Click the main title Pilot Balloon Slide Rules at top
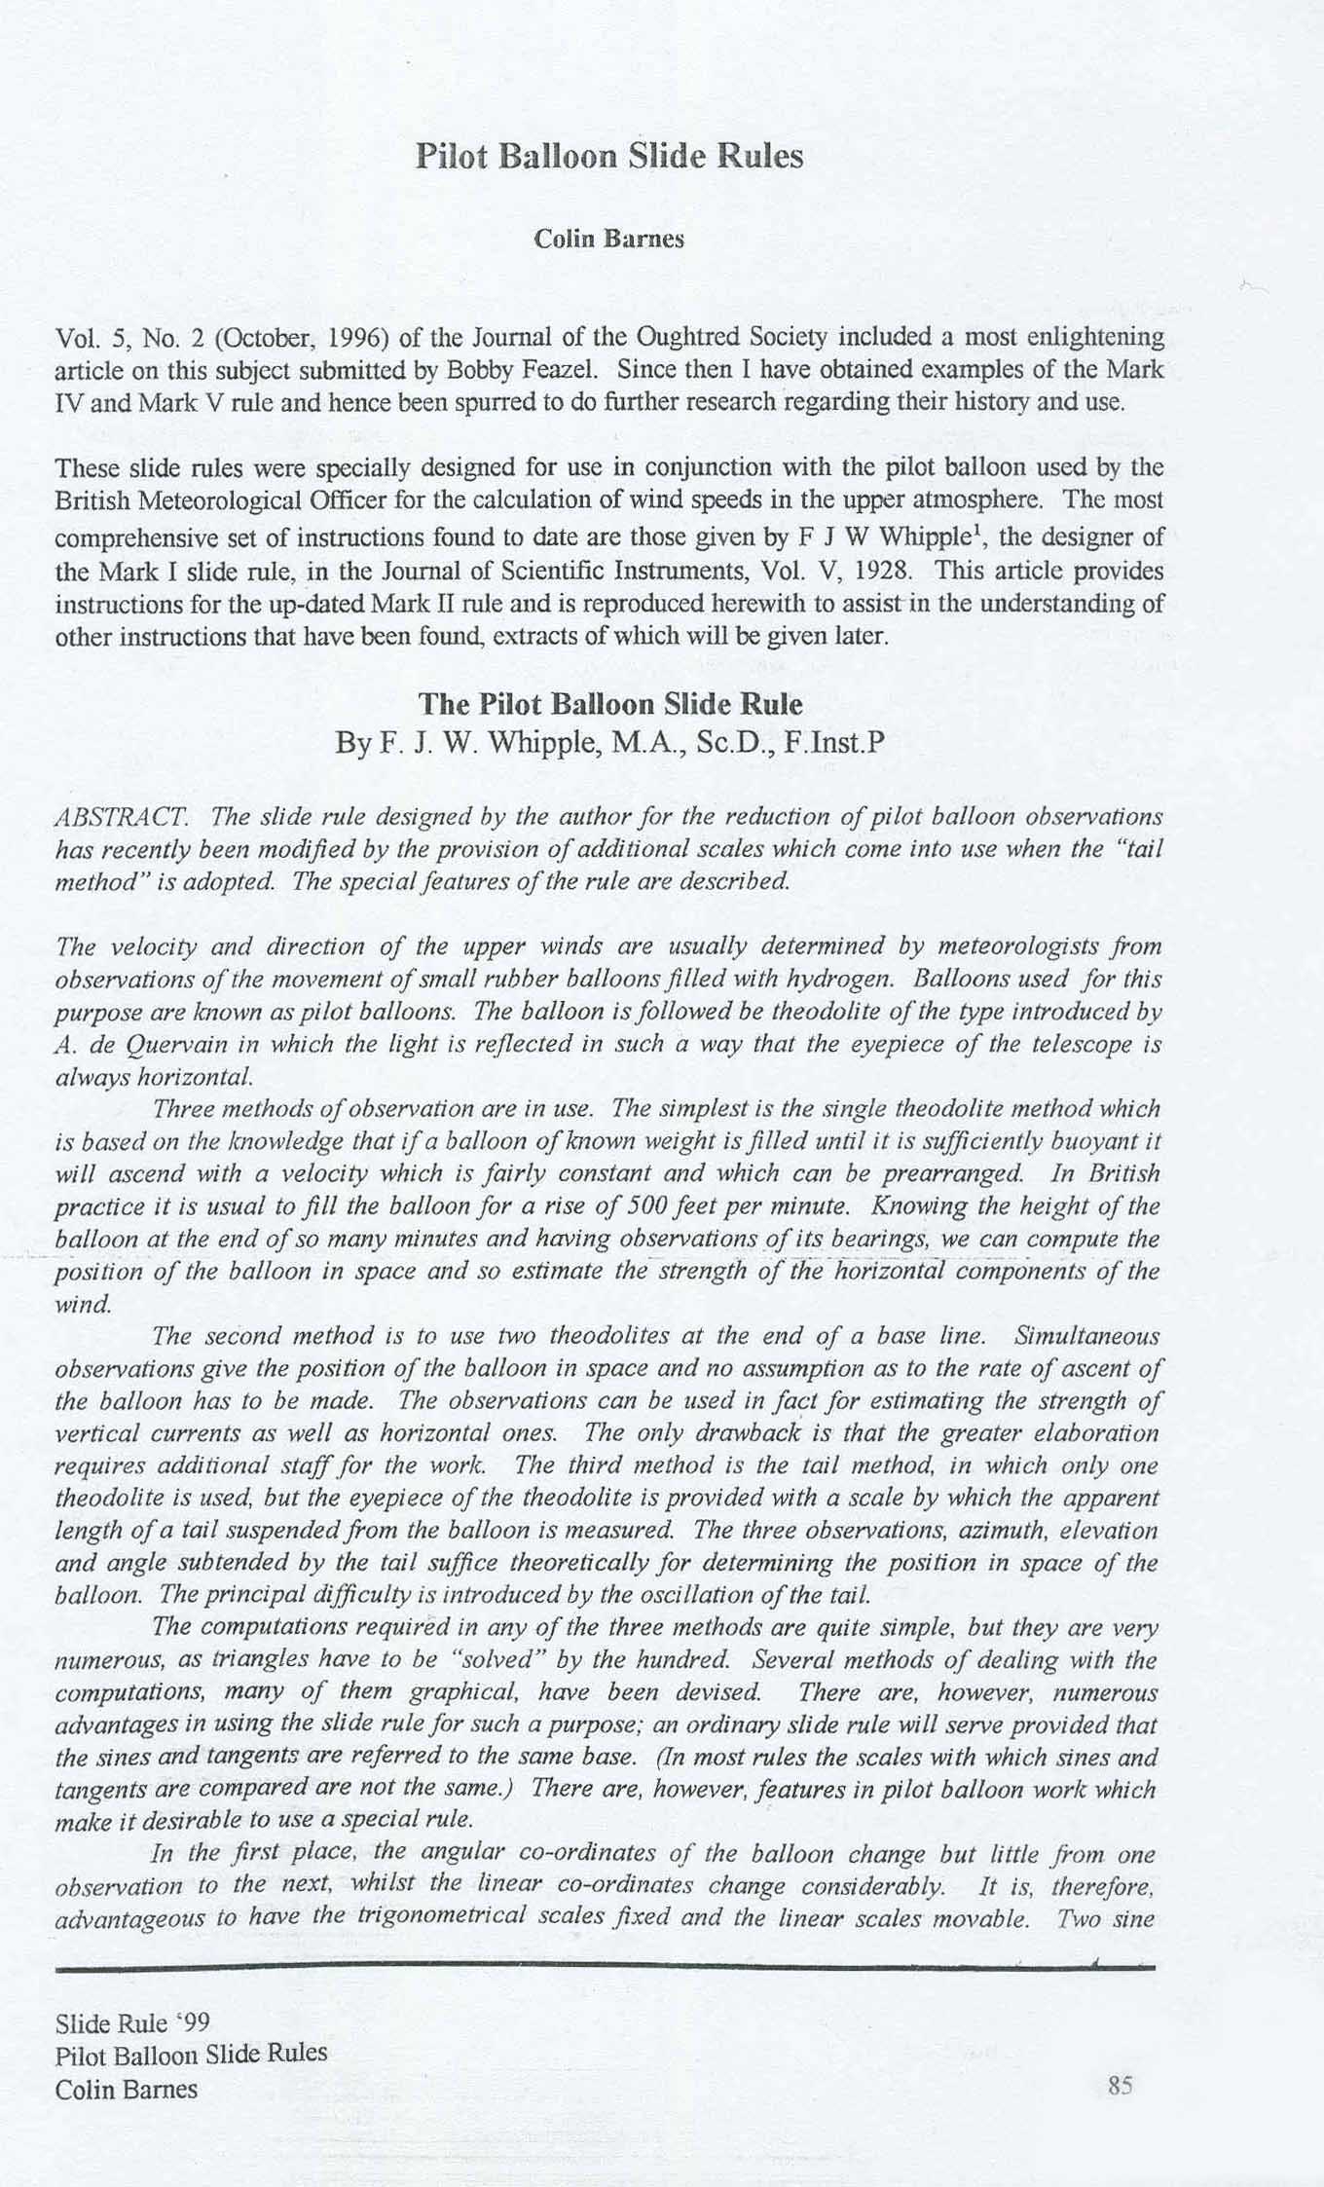click(609, 157)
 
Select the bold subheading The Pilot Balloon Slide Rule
click(609, 704)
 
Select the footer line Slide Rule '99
click(133, 2023)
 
